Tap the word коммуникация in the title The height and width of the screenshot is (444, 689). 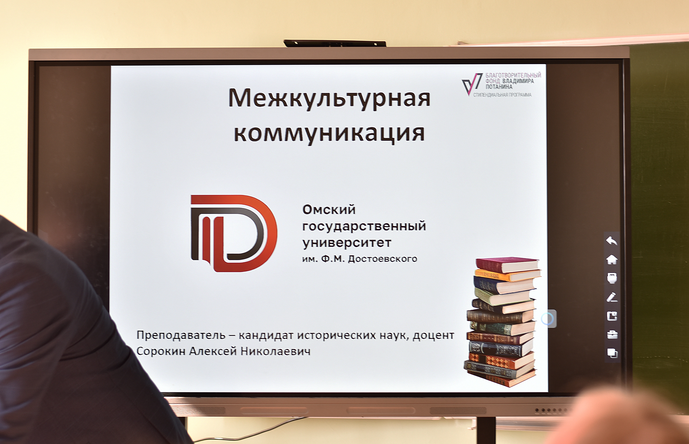(329, 133)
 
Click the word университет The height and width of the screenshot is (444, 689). (347, 243)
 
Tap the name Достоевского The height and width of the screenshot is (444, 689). (383, 259)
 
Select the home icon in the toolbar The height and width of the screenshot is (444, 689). (612, 260)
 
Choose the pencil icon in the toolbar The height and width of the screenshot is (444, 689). (612, 297)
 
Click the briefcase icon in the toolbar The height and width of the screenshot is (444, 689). (612, 335)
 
